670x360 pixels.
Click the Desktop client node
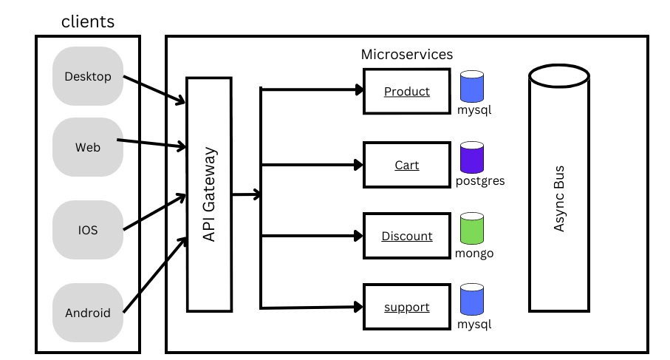(x=88, y=76)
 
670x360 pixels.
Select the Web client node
(x=88, y=147)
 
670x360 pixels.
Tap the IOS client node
(x=88, y=230)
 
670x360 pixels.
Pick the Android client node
(x=88, y=313)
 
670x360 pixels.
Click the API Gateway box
(x=209, y=194)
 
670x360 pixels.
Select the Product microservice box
(x=406, y=92)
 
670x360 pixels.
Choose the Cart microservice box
(x=406, y=165)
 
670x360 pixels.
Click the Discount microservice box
(x=406, y=236)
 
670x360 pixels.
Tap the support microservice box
(x=406, y=307)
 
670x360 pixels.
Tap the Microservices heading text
(x=406, y=55)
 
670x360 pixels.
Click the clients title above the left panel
(x=88, y=21)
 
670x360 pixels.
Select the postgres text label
(x=480, y=180)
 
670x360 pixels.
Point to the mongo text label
(x=474, y=253)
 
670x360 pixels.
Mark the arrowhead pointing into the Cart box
(x=360, y=165)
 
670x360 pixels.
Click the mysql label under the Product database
(x=474, y=110)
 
